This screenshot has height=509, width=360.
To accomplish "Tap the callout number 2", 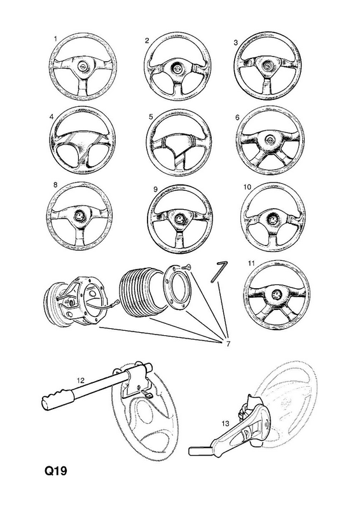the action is point(147,41).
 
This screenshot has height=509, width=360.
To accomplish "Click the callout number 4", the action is point(52,116).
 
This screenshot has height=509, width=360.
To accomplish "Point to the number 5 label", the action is point(151,117).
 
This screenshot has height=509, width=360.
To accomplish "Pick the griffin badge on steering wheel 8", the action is point(80,216).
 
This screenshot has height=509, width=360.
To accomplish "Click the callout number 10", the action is point(247,187).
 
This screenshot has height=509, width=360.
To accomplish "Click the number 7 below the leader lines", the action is point(228,344).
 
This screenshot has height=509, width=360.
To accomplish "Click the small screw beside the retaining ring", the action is point(186,267).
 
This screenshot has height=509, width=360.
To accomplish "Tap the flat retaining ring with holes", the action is point(178,288).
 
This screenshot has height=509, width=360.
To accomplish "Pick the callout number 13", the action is point(225,424).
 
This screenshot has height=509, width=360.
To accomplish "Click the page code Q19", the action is point(56,471).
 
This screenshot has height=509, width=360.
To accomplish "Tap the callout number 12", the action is point(80,380).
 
